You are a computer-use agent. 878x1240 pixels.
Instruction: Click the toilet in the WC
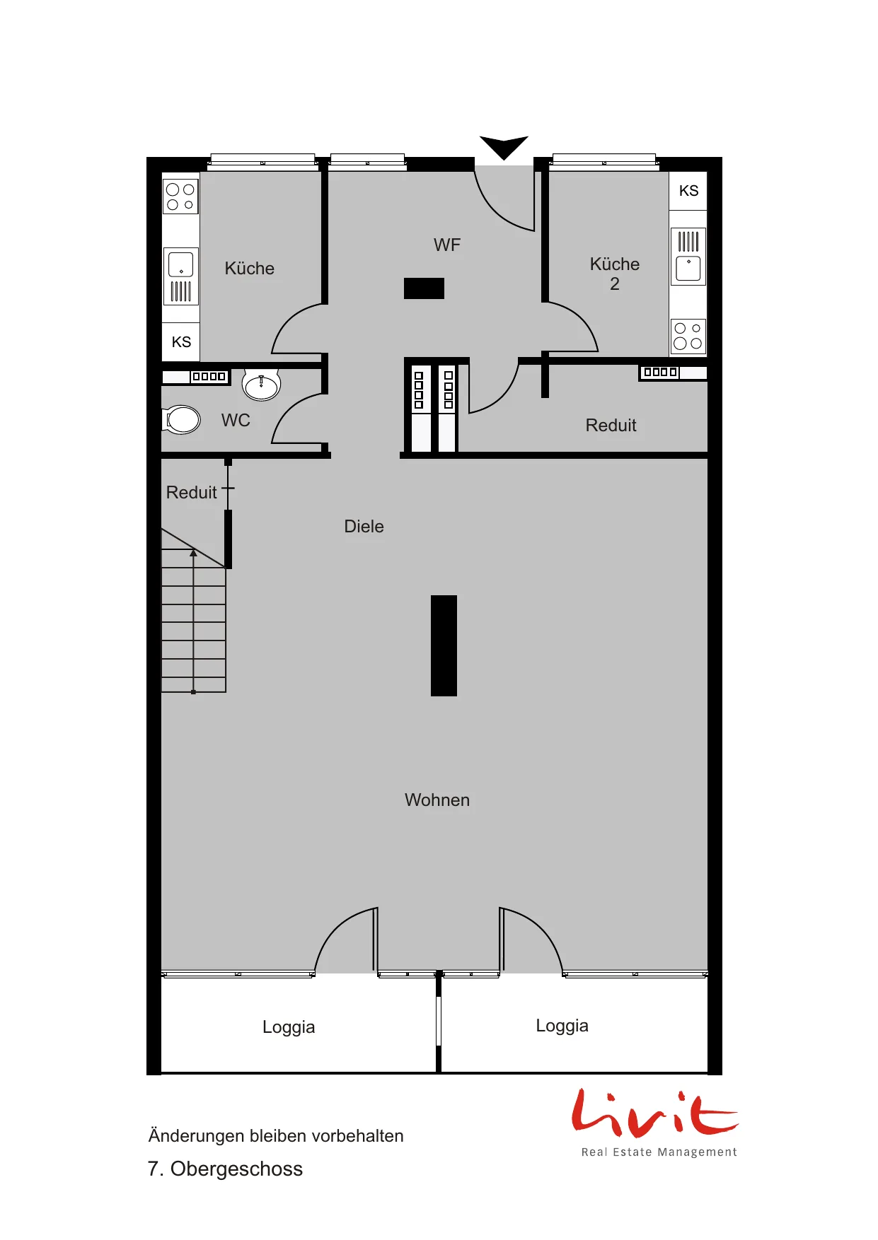click(x=183, y=419)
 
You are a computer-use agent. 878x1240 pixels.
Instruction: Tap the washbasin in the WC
click(x=261, y=385)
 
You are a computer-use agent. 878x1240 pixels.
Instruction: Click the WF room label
click(x=447, y=245)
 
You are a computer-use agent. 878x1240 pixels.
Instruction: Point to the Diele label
click(x=364, y=527)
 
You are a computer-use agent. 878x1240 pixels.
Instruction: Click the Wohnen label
click(x=437, y=800)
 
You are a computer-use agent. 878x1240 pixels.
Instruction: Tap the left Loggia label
click(x=289, y=1027)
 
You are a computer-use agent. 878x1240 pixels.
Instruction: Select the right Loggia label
click(x=562, y=1026)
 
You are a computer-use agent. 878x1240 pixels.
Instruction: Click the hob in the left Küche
click(x=180, y=197)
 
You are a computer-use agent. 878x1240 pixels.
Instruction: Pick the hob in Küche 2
click(x=688, y=337)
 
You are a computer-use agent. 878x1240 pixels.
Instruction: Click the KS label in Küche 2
click(x=688, y=191)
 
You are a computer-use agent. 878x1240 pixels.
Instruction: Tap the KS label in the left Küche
click(x=181, y=342)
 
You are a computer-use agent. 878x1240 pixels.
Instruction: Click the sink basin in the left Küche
click(x=181, y=264)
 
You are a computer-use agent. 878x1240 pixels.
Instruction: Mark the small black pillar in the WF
click(x=424, y=288)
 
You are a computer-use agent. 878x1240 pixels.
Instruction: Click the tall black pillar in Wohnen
click(x=444, y=645)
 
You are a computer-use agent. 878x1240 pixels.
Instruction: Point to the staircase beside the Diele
click(x=194, y=611)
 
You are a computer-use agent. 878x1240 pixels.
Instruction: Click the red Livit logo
click(x=654, y=1113)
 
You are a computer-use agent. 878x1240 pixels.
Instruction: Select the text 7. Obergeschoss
click(x=225, y=1169)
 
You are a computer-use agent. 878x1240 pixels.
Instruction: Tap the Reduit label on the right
click(x=611, y=426)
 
